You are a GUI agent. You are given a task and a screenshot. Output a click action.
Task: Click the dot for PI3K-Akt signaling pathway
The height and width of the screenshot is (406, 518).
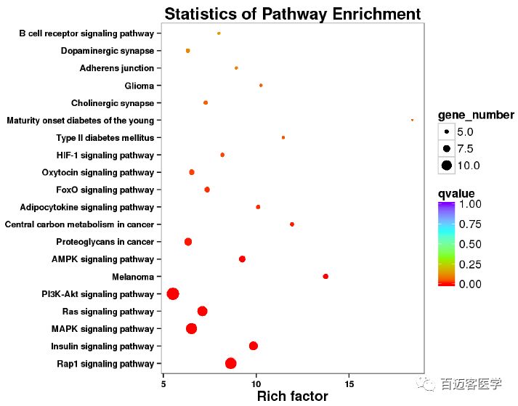pyautogui.click(x=173, y=293)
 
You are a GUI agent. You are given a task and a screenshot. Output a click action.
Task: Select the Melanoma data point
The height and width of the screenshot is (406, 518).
pyautogui.click(x=325, y=276)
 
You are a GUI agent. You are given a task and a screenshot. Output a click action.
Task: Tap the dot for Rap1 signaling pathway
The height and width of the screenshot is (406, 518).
pyautogui.click(x=231, y=363)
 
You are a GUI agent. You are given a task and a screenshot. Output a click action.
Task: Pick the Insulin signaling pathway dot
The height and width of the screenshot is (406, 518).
pyautogui.click(x=254, y=346)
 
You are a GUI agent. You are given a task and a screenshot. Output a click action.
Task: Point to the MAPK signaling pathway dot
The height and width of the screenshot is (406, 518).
pyautogui.click(x=192, y=328)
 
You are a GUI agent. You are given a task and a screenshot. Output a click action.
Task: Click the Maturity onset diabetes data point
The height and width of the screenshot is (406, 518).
pyautogui.click(x=412, y=120)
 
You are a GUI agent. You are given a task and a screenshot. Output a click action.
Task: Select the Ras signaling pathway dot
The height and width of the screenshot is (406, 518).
pyautogui.click(x=203, y=311)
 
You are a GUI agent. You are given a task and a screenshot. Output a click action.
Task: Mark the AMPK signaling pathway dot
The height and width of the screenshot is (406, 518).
pyautogui.click(x=242, y=259)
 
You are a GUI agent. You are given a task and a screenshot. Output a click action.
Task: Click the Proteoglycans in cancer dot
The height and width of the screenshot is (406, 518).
pyautogui.click(x=188, y=241)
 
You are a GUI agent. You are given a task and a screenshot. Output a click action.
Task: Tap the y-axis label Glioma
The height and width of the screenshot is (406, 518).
pyautogui.click(x=139, y=86)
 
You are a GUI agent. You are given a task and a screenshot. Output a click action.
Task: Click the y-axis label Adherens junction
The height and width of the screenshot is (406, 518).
pyautogui.click(x=117, y=68)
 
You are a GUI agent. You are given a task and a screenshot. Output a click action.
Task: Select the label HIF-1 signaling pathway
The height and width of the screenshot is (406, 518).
pyautogui.click(x=105, y=155)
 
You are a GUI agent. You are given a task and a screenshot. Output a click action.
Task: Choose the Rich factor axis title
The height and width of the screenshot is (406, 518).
pyautogui.click(x=292, y=397)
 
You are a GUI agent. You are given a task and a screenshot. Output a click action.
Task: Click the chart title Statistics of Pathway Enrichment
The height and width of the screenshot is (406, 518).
pyautogui.click(x=292, y=14)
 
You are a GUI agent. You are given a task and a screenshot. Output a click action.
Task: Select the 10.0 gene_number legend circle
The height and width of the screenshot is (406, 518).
pyautogui.click(x=446, y=166)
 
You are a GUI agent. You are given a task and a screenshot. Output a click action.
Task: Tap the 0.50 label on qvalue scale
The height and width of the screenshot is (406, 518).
pyautogui.click(x=469, y=244)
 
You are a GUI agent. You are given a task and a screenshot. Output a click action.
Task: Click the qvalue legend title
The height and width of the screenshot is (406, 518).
pyautogui.click(x=456, y=193)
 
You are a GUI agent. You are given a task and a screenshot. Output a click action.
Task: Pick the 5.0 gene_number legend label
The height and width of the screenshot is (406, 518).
pyautogui.click(x=465, y=132)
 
